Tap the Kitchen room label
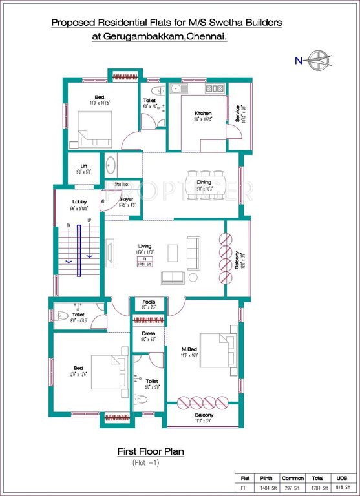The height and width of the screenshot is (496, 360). [203, 114]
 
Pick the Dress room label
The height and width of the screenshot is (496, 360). [149, 334]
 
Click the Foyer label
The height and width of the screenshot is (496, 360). [126, 200]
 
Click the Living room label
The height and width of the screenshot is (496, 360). [145, 246]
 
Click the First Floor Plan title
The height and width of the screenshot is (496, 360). [150, 452]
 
